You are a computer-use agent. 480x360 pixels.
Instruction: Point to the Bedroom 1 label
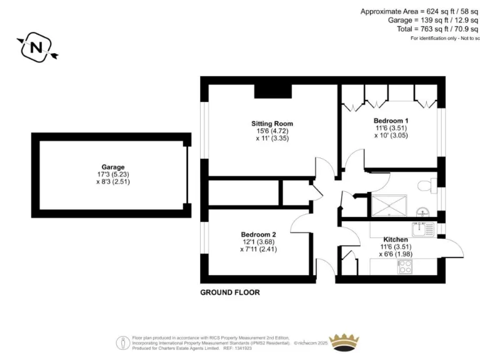tap(391, 121)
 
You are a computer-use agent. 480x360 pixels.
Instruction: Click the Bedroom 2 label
tap(258, 234)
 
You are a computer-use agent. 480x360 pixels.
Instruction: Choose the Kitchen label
tap(396, 239)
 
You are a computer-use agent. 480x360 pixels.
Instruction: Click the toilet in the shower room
tap(426, 184)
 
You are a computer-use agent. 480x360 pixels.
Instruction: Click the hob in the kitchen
tap(405, 267)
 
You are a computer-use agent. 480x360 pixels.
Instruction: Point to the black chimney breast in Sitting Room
tap(272, 91)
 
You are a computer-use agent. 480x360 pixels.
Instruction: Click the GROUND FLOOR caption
tap(229, 292)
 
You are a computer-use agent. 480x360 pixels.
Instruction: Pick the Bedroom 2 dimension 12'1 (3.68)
tap(258, 242)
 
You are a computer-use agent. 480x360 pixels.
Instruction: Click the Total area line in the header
tap(437, 29)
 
